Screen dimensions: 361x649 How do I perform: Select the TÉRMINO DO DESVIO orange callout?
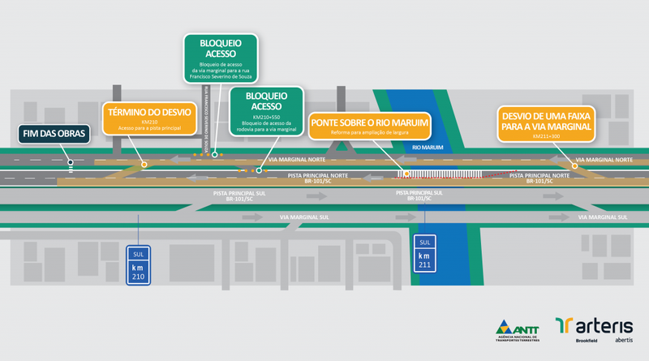[148, 118]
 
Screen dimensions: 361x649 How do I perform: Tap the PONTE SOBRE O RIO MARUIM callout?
[369, 127]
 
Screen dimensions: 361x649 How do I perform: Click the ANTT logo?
[516, 328]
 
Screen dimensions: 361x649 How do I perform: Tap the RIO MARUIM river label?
[428, 148]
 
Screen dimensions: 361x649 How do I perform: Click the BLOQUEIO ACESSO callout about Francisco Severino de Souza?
[218, 57]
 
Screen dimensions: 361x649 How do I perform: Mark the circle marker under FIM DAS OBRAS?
[71, 162]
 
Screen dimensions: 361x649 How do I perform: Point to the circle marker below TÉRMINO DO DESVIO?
[144, 165]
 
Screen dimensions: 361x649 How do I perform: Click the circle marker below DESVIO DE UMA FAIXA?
[575, 165]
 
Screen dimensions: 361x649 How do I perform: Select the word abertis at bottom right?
[624, 340]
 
